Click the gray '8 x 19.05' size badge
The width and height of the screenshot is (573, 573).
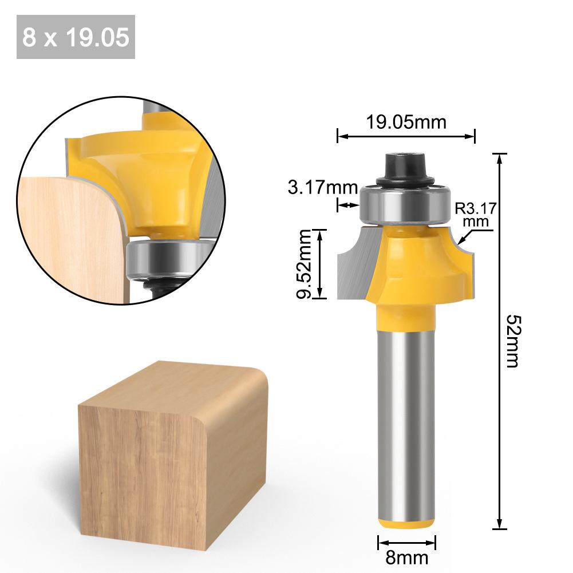pyautogui.click(x=76, y=37)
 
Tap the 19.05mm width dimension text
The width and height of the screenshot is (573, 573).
pyautogui.click(x=406, y=122)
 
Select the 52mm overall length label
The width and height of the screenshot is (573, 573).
pyautogui.click(x=511, y=340)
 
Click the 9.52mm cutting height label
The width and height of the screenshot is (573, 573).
pyautogui.click(x=305, y=264)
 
